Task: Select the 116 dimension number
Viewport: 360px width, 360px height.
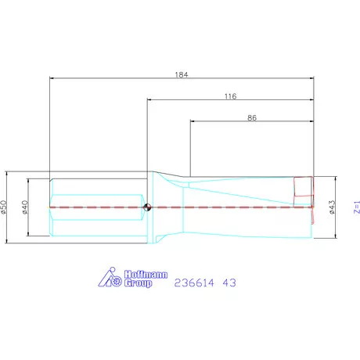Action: point(230,95)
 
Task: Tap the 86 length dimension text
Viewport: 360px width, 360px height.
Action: point(252,117)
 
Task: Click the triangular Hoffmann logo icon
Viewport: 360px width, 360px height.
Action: point(106,279)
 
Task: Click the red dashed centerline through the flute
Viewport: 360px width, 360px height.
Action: point(235,207)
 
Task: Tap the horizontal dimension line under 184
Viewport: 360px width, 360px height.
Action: point(117,78)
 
